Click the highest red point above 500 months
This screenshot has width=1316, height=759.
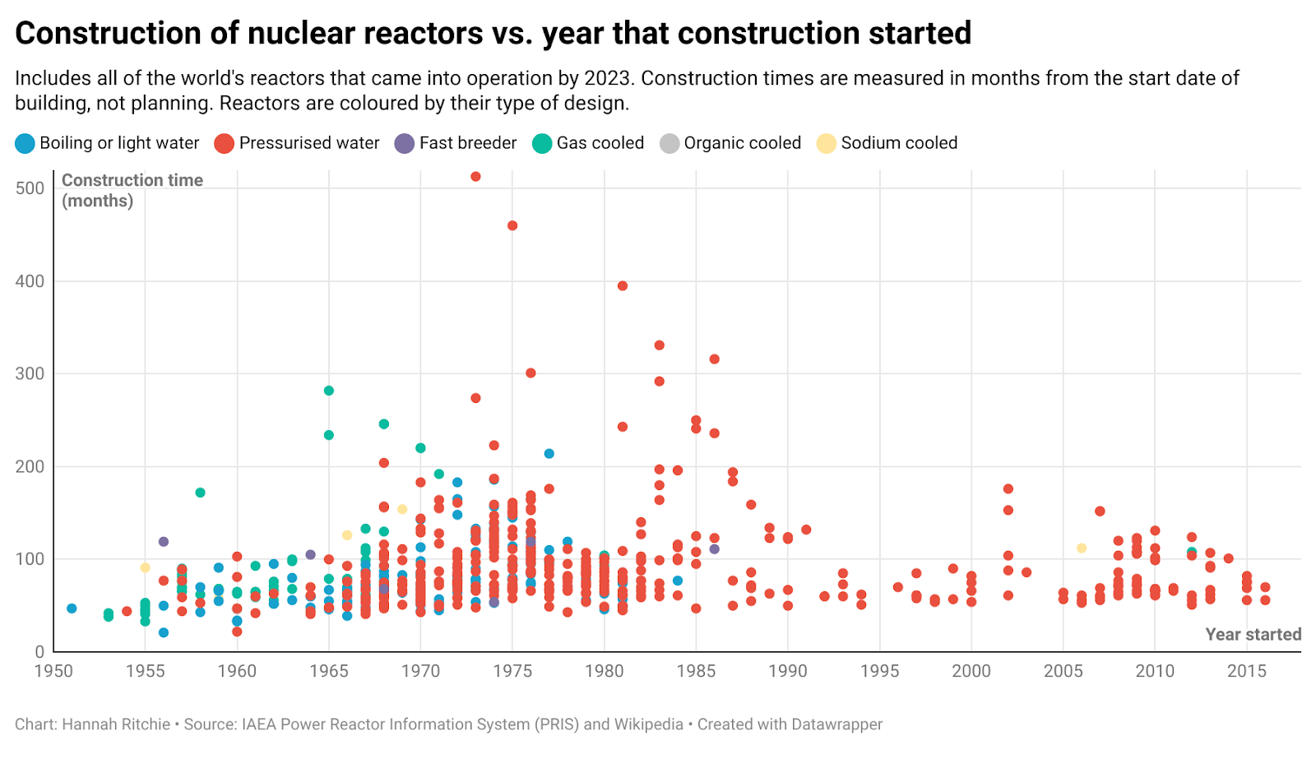point(475,177)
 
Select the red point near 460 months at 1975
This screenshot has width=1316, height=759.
point(512,225)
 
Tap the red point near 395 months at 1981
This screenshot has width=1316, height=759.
point(623,286)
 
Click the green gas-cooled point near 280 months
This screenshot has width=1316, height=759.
point(329,391)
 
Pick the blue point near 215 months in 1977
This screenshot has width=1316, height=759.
point(549,454)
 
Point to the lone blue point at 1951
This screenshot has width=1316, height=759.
point(72,609)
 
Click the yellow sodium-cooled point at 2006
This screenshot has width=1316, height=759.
point(1082,548)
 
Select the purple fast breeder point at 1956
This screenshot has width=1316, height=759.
point(164,542)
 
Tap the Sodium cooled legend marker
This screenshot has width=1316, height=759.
point(826,144)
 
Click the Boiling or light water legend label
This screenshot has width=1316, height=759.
point(119,143)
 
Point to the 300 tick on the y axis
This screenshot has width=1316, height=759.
point(30,374)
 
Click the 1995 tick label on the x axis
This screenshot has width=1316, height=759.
point(879,671)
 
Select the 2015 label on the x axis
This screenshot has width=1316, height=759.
point(1246,671)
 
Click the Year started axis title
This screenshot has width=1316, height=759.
point(1253,635)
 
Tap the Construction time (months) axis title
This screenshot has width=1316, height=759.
point(132,190)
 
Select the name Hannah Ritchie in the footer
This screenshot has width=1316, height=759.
point(116,724)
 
